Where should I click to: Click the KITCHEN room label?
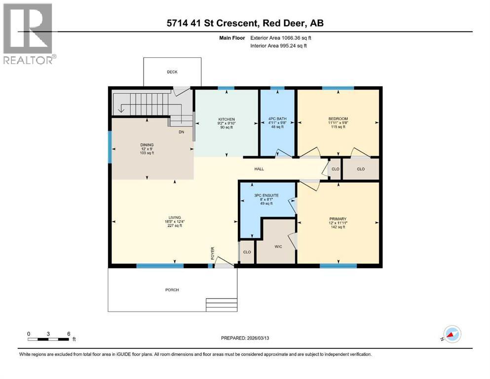(226, 119)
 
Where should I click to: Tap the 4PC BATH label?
(277, 119)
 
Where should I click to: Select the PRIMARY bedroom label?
(338, 219)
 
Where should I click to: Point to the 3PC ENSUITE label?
(266, 195)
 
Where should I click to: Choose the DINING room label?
(147, 145)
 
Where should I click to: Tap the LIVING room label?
(175, 217)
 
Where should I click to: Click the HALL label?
(259, 169)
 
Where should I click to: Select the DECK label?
(172, 72)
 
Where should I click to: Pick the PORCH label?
(172, 290)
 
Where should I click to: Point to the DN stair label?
(182, 132)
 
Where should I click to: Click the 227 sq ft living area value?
(175, 226)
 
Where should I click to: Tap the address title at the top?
(245, 23)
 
